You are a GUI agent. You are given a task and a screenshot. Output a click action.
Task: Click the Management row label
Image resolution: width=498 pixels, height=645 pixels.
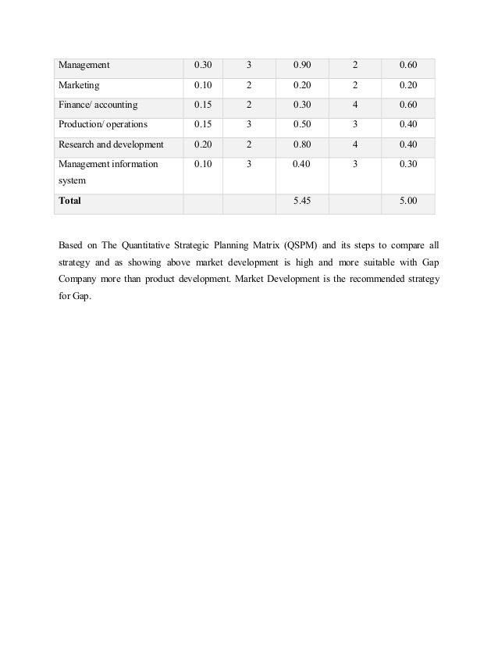tap(85, 65)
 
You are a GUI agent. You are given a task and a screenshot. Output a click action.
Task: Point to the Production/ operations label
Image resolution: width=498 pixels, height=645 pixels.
tap(103, 124)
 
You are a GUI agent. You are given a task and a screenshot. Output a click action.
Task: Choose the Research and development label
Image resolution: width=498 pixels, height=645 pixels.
tap(111, 144)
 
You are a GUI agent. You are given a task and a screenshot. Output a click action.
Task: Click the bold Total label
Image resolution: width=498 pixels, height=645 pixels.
tap(70, 201)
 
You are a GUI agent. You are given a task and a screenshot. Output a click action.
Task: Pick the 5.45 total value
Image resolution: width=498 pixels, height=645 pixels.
tap(301, 201)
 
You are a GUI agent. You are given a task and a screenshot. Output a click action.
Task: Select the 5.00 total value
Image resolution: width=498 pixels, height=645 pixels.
tap(407, 201)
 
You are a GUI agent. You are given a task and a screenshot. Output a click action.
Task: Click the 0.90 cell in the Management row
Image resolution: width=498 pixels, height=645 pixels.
tap(301, 65)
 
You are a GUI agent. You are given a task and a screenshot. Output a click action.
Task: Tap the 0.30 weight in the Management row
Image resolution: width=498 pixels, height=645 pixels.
tap(203, 65)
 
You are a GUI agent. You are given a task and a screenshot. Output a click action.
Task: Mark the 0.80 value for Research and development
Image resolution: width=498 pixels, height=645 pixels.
tap(301, 144)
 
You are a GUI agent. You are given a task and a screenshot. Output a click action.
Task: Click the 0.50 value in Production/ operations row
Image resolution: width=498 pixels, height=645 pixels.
tap(301, 124)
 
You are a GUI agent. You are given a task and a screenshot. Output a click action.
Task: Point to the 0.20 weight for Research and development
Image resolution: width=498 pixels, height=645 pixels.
tap(203, 144)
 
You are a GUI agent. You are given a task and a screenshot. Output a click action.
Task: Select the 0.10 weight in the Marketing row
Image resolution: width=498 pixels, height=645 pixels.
tap(203, 85)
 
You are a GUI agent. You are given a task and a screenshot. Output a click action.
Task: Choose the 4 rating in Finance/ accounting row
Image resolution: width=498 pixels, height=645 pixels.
tap(354, 105)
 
